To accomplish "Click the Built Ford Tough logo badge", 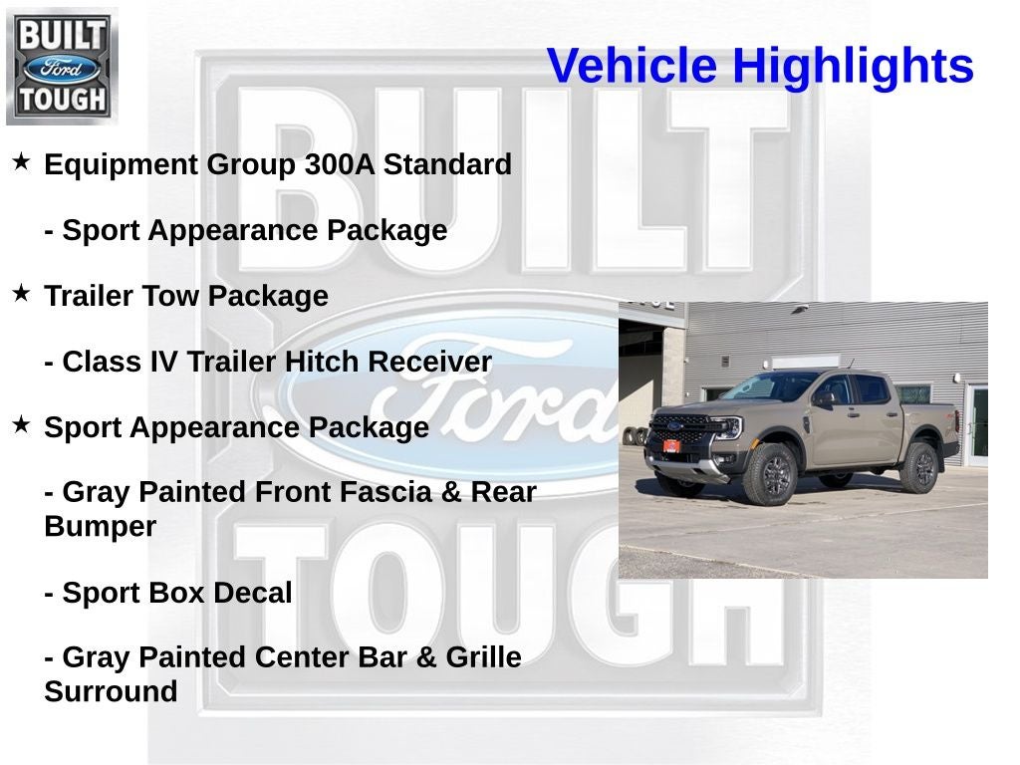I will [x=62, y=67].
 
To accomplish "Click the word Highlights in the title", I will [x=853, y=67].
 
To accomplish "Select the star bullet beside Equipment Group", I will [x=21, y=161].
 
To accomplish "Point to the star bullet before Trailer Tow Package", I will [x=21, y=293].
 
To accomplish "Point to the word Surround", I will [x=111, y=691].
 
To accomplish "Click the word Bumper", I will [x=100, y=527].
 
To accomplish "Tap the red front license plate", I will [x=671, y=445].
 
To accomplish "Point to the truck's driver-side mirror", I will [x=823, y=398].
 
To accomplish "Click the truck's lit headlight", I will [x=729, y=428].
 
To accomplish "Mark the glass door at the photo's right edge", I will [x=978, y=423].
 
